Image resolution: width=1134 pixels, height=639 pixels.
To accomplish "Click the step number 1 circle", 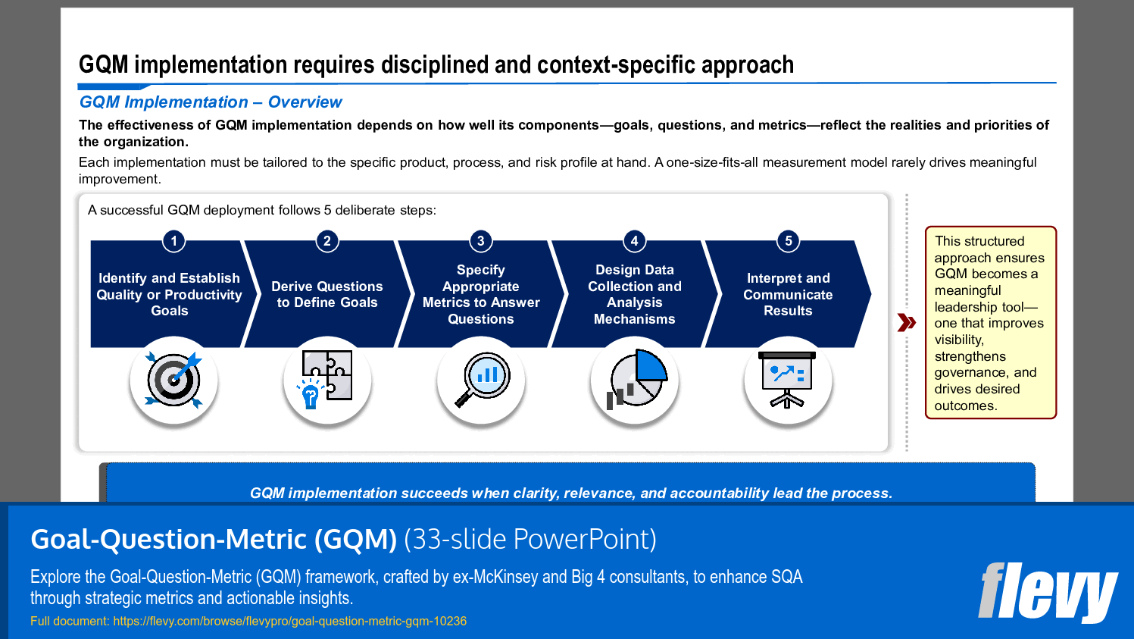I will coord(173,241).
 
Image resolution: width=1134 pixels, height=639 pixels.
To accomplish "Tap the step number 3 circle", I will coord(480,241).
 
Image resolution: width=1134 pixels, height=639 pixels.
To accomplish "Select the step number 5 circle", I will coord(788,241).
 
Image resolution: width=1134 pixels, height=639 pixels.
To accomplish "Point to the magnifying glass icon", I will coord(482,379).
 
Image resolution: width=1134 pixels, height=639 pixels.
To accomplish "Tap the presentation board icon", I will coord(788,379).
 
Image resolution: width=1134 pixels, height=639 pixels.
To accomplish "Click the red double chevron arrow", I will coord(906,322).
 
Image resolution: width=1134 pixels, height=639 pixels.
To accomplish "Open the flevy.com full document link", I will coord(289,621).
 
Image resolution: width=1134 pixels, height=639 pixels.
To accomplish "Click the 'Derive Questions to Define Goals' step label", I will coord(327,294).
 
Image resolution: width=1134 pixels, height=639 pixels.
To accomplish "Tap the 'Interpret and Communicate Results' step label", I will coord(788,294).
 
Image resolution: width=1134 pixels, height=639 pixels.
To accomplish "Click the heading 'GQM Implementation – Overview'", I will coord(211,102).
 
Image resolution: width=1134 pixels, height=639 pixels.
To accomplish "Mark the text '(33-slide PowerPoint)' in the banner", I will coord(530,539).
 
